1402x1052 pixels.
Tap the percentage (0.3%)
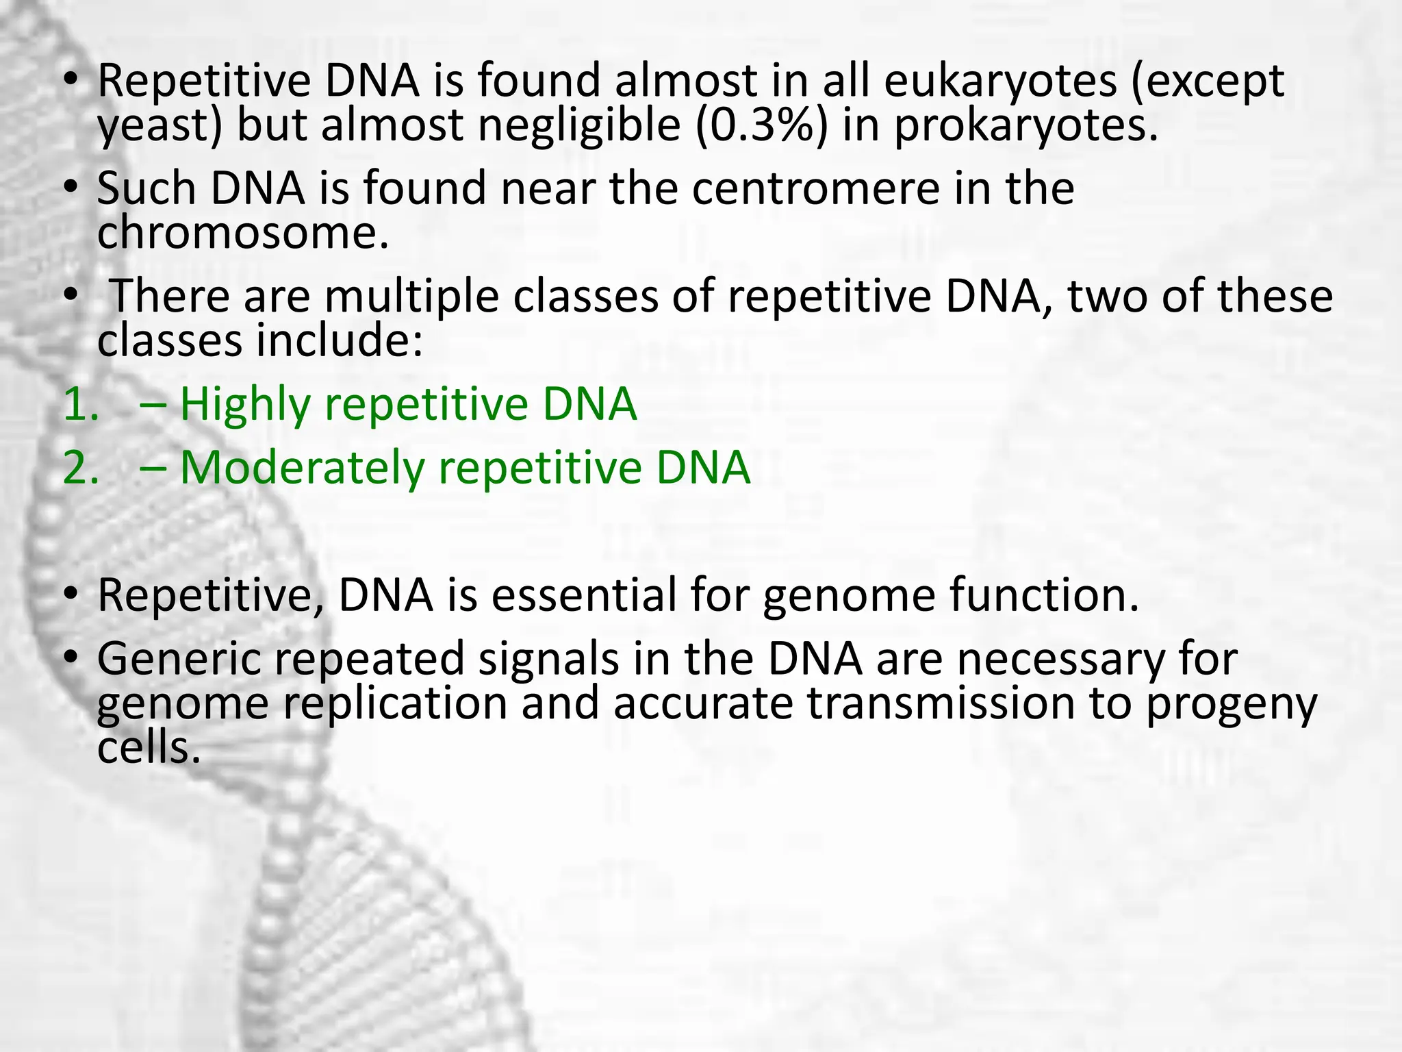pyautogui.click(x=761, y=126)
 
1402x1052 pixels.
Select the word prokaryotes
pyautogui.click(x=1025, y=127)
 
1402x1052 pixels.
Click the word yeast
pyautogui.click(x=158, y=127)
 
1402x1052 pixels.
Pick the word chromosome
pyautogui.click(x=243, y=234)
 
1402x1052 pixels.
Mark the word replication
pyautogui.click(x=395, y=704)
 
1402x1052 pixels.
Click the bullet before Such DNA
pyautogui.click(x=71, y=188)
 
